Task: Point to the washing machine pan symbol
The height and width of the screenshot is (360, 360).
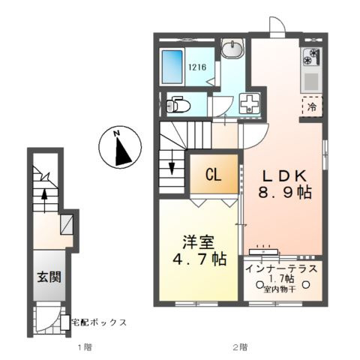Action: coord(248,105)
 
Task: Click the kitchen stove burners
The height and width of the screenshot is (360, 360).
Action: coord(311,57)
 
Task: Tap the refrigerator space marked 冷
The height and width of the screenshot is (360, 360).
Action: coord(311,107)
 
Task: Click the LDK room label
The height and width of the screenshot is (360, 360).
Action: coord(284,175)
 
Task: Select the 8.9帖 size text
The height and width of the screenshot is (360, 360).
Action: coord(285,192)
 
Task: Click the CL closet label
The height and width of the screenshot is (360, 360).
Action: coord(213,176)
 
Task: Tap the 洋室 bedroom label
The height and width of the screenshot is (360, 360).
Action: coord(197,243)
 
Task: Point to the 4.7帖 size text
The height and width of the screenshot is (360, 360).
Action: coord(198,260)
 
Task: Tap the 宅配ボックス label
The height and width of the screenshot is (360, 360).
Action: coord(98,322)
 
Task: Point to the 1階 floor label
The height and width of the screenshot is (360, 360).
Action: coord(84,346)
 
